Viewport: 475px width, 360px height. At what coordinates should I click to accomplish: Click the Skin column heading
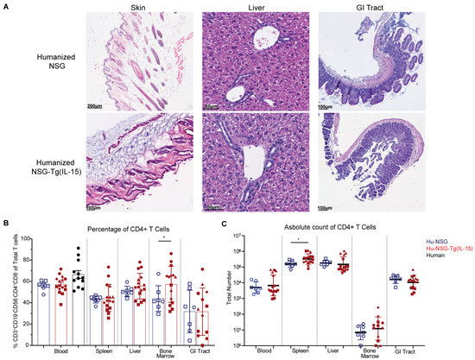[x=137, y=7]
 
